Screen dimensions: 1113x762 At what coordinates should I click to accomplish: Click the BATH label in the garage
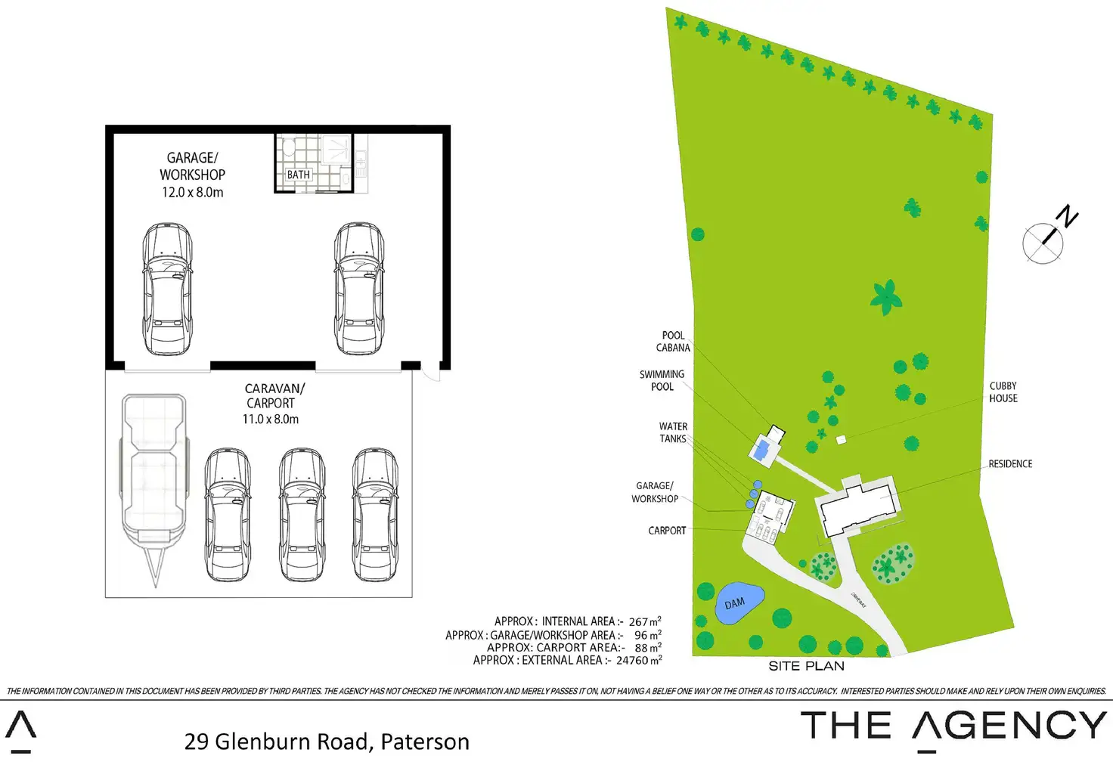point(299,175)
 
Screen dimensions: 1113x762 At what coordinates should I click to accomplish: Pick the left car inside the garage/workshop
point(168,289)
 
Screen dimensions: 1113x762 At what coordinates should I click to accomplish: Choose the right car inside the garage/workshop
point(359,289)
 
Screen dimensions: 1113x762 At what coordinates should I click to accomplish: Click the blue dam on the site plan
point(737,603)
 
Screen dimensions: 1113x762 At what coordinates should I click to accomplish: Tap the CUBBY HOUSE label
point(1003,392)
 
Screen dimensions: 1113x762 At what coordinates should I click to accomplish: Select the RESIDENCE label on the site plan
point(1010,463)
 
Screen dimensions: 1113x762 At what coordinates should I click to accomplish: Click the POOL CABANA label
point(673,342)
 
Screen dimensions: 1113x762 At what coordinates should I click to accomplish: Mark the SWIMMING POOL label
point(662,380)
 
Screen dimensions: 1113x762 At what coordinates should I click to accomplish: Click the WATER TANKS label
point(673,432)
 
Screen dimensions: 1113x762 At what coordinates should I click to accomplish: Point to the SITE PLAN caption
point(806,666)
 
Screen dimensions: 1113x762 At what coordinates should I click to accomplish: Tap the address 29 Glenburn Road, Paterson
point(327,742)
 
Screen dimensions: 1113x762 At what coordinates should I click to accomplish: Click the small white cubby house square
point(841,439)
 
